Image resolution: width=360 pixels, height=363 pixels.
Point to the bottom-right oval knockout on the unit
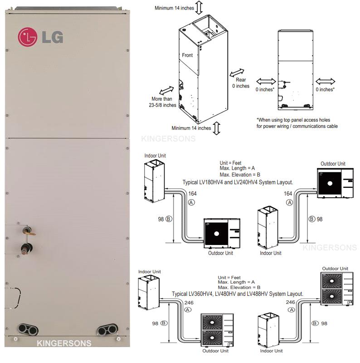pos(107,329)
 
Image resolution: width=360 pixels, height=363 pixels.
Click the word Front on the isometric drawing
pos(187,55)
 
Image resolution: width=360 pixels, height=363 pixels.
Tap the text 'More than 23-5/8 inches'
pos(164,102)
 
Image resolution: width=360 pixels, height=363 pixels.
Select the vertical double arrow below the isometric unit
pos(216,128)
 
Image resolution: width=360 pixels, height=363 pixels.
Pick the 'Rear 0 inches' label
pos(241,83)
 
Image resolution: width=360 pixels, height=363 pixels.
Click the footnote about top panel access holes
pos(297,123)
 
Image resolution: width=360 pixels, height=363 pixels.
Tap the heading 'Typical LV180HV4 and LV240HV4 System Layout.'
pos(238,182)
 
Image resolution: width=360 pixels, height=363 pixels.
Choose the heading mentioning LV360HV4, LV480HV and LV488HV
pos(238,294)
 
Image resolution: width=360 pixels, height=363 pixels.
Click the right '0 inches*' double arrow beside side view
pos(326,81)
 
